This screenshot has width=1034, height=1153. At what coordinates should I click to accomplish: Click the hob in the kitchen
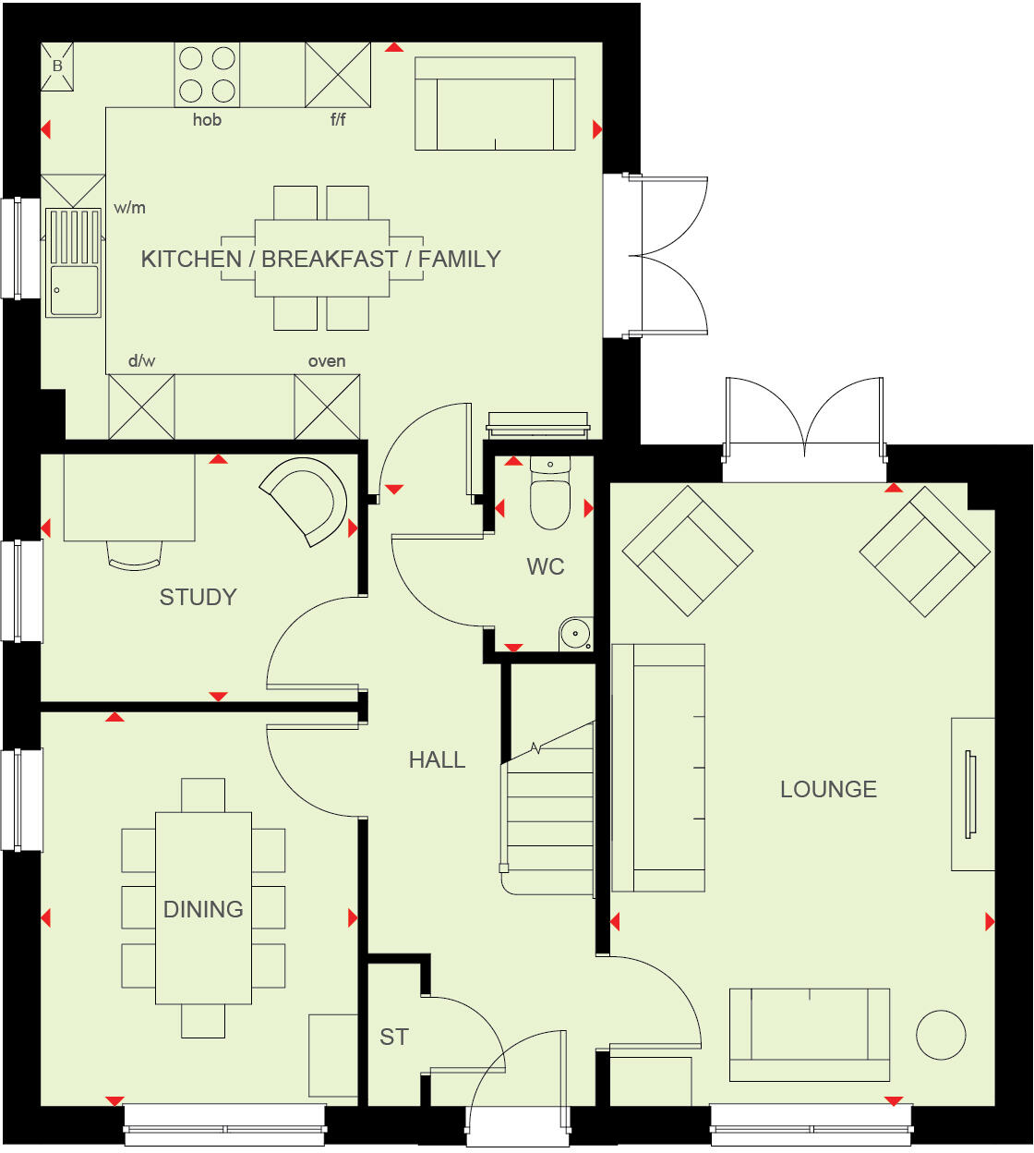point(207,75)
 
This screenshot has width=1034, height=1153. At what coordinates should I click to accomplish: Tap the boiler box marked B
point(57,67)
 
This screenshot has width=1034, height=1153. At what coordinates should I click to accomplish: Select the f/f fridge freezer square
point(338,75)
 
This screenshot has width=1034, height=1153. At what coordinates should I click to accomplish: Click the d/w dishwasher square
point(141,407)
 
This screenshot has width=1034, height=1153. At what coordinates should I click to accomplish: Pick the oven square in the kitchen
point(327,407)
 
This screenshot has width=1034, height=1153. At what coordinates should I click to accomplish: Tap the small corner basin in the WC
point(575,634)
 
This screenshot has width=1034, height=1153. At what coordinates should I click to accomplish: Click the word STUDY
point(198,598)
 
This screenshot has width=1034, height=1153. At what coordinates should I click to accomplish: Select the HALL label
point(437,760)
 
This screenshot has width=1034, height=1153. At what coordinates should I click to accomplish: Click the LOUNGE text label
point(828,790)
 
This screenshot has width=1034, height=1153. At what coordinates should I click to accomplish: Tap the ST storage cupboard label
point(394,1038)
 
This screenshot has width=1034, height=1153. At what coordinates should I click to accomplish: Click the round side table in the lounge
point(941,1034)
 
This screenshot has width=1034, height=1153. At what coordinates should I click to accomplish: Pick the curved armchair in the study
point(305,501)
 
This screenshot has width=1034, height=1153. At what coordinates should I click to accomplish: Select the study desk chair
point(134,554)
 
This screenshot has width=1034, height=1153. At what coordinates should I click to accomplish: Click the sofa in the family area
point(495,103)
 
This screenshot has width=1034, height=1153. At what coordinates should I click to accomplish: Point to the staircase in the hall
point(548,813)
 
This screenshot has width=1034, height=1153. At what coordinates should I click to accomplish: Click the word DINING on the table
point(203,910)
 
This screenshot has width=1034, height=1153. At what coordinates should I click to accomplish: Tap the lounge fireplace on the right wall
point(972,795)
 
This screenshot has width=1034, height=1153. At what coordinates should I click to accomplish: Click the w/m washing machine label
point(130,208)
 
